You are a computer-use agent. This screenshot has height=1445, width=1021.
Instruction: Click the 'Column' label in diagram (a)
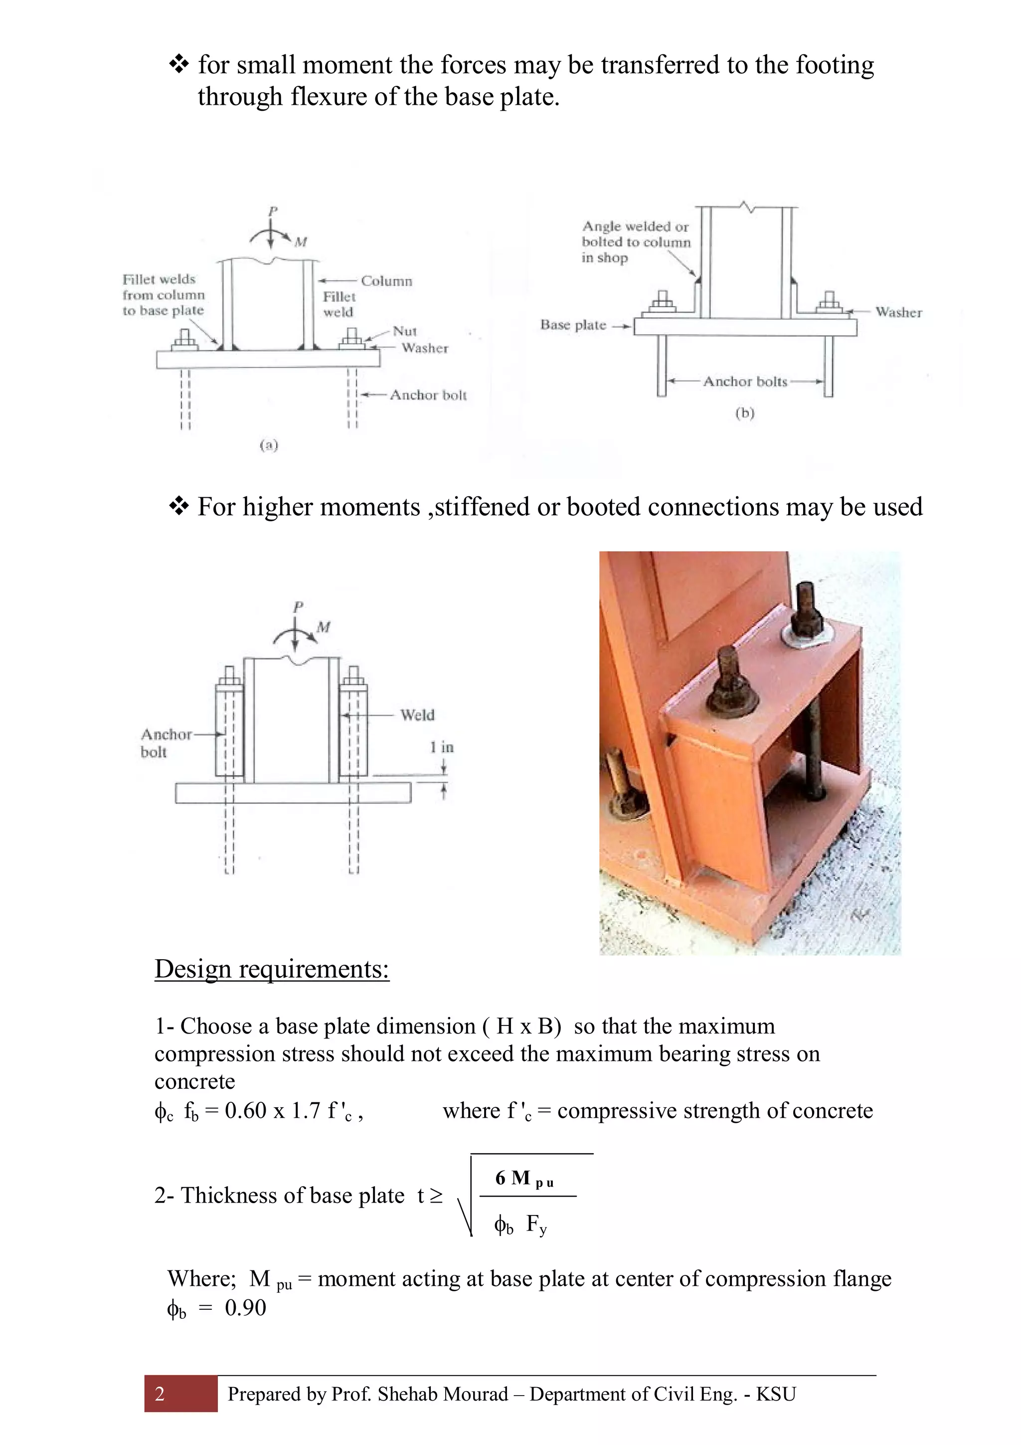[386, 281]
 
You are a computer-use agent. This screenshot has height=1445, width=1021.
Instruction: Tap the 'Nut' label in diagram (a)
[404, 331]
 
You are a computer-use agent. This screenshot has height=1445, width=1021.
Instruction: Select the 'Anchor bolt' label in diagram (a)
[428, 395]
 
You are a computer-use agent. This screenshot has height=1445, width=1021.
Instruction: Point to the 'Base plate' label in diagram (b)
[572, 325]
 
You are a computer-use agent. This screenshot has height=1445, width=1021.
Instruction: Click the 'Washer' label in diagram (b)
[898, 312]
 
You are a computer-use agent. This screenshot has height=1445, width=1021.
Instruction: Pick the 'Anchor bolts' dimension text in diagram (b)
[745, 382]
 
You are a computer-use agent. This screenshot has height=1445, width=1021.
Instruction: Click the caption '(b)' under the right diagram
[744, 413]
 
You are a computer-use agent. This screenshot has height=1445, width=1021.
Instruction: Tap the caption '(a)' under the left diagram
[269, 445]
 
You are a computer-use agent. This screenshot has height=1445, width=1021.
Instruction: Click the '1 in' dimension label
[442, 747]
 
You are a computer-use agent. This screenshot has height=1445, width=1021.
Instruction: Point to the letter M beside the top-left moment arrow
[301, 242]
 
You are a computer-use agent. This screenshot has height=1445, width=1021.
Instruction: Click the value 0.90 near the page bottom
[245, 1308]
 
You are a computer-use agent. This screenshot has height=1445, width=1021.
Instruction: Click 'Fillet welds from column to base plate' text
[163, 295]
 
